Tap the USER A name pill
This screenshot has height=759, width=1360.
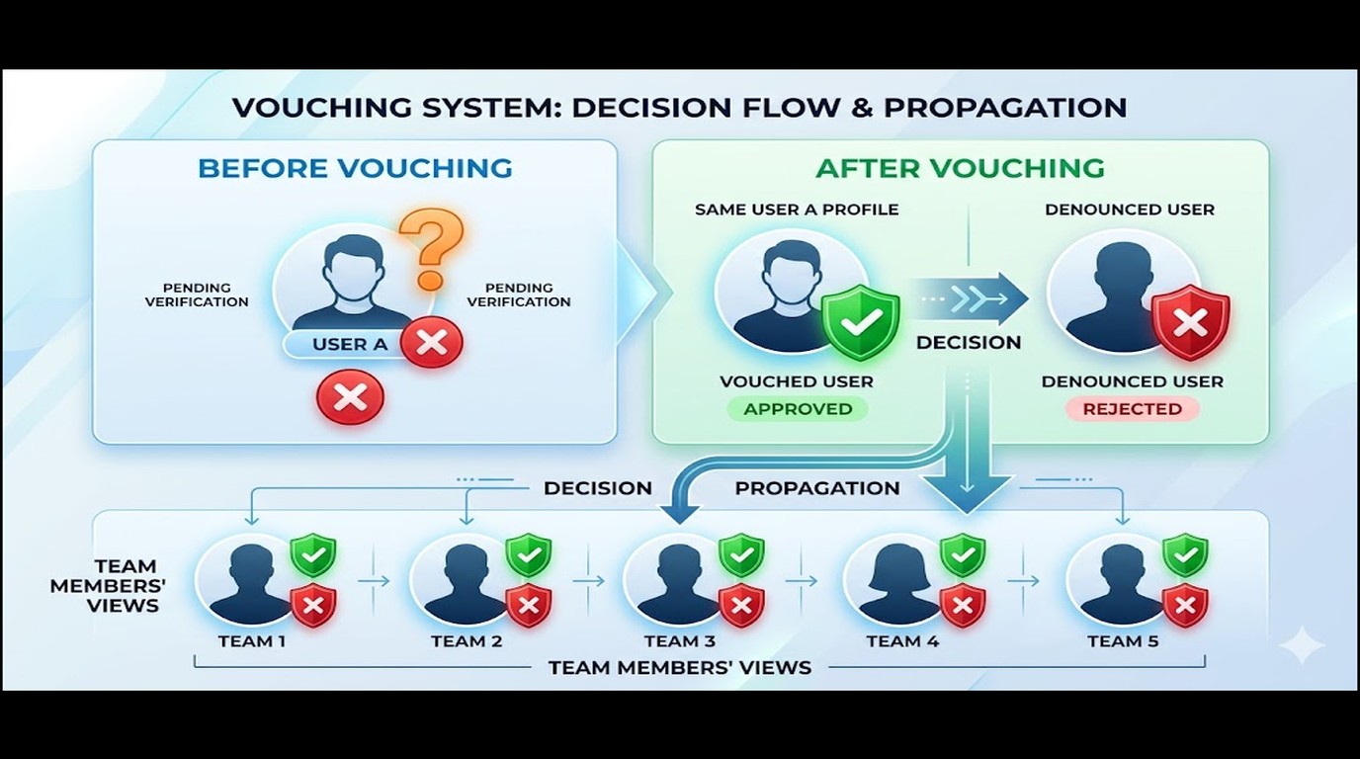pos(350,344)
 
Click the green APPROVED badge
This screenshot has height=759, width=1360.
pos(798,408)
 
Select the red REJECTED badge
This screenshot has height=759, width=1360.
pos(1133,408)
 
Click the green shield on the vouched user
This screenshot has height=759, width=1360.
pos(860,322)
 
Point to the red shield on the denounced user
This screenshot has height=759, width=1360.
pos(1191,322)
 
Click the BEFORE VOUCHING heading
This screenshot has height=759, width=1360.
pos(355,168)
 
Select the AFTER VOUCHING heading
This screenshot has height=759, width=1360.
pos(960,168)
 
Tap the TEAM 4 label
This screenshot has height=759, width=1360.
pos(902,641)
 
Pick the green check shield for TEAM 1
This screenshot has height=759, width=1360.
pos(312,555)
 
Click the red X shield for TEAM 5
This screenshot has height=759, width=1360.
pos(1185,606)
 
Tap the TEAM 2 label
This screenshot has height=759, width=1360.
pos(467,641)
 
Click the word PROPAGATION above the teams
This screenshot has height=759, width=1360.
pos(817,488)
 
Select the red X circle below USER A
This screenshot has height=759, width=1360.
pos(350,397)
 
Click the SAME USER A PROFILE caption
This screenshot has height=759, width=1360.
pos(797,210)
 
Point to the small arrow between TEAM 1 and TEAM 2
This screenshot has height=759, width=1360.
pos(374,581)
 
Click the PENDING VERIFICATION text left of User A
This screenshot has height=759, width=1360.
pos(197,295)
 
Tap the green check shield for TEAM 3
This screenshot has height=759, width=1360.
pos(741,555)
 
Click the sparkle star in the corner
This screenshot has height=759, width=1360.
pos(1302,644)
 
